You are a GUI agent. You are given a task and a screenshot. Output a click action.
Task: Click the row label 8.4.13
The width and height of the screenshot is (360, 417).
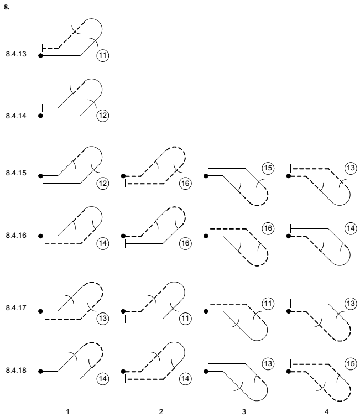click(16, 54)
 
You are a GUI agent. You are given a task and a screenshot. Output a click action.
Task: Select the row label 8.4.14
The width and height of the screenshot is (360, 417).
click(16, 116)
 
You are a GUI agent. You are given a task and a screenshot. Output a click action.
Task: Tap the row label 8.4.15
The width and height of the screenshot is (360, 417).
click(16, 173)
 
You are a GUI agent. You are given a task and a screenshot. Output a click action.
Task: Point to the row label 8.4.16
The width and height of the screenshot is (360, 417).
click(16, 236)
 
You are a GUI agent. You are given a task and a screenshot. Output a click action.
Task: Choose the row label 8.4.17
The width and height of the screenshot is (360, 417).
click(16, 307)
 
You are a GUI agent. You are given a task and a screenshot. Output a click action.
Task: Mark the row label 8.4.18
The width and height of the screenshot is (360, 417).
click(16, 370)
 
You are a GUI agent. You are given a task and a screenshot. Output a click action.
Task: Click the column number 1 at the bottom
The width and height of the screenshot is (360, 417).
click(68, 412)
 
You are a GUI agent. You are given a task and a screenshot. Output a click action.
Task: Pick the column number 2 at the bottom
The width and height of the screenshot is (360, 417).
click(161, 412)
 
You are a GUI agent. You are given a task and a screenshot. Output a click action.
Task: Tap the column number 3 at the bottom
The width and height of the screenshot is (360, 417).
click(244, 412)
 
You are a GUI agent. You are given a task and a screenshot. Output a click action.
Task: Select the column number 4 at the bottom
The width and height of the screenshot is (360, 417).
click(326, 412)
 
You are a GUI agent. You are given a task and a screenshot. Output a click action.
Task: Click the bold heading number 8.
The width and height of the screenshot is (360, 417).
click(7, 7)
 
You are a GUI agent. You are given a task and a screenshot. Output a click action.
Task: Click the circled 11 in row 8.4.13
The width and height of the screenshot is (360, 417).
click(103, 55)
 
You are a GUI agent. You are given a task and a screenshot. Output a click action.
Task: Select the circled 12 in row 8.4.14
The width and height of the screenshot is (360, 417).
click(103, 116)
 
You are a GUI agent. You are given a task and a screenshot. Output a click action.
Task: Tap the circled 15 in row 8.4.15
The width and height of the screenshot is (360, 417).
click(268, 168)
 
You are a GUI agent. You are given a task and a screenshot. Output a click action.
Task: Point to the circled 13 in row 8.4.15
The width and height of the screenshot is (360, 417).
click(351, 168)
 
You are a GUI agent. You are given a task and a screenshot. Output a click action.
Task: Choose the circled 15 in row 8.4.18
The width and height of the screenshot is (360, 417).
click(351, 363)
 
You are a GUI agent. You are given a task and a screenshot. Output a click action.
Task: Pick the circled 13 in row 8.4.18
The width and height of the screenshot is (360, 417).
click(268, 363)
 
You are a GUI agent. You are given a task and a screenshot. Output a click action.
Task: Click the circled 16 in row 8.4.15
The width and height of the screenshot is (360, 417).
click(185, 183)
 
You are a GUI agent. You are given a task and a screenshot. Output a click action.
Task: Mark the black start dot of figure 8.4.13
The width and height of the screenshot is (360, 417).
click(40, 56)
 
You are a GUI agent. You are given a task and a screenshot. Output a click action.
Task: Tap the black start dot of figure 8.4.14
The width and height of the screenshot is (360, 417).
click(40, 116)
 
